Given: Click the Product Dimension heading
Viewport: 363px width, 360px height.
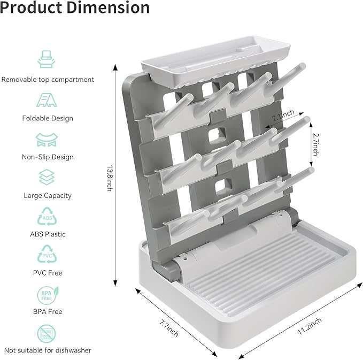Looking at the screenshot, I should (75, 8).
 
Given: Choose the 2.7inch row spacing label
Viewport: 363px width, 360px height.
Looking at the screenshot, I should (315, 144).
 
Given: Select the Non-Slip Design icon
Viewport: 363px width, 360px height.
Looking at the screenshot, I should (48, 139).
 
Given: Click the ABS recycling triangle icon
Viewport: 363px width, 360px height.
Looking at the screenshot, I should (48, 217).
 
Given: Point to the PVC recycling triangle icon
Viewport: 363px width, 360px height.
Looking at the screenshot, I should (48, 255).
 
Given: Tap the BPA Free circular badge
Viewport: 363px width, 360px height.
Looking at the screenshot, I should (48, 294).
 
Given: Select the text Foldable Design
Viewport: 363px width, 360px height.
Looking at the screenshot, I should (48, 118).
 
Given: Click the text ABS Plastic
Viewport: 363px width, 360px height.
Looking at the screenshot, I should (48, 234).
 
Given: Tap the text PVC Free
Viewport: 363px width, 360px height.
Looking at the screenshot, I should (48, 273).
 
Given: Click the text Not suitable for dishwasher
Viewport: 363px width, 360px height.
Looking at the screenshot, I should (48, 350).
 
